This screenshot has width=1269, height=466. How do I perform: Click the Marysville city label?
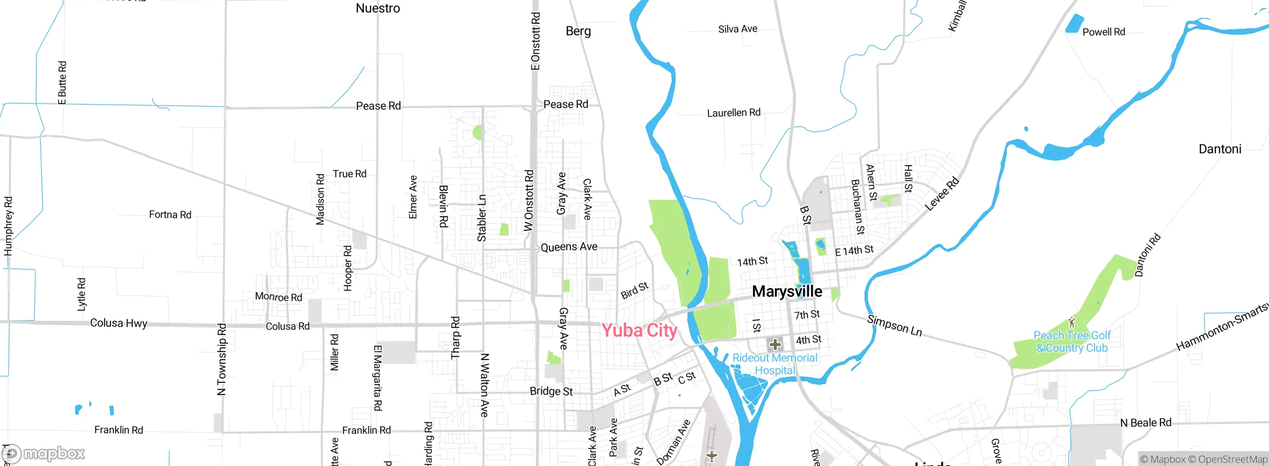click(x=787, y=291)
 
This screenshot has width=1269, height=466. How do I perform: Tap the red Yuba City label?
click(x=639, y=330)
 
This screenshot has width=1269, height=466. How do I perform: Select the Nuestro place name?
click(x=378, y=8)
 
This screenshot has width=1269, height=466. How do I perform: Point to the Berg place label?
click(x=578, y=31)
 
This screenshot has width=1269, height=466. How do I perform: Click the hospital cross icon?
click(x=775, y=345)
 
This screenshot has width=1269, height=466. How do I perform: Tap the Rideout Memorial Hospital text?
click(x=775, y=364)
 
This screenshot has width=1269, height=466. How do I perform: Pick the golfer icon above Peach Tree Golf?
click(x=1072, y=323)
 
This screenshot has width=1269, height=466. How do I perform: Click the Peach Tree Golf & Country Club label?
click(x=1072, y=342)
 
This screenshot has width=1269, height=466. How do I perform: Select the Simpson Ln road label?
click(x=894, y=326)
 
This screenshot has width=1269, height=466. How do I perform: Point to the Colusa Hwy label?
click(x=118, y=323)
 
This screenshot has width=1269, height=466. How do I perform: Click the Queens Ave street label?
click(x=569, y=247)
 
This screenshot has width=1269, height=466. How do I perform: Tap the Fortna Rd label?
click(x=170, y=215)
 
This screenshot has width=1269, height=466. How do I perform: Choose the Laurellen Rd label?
click(x=733, y=113)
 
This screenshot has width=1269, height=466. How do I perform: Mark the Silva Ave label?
click(x=738, y=29)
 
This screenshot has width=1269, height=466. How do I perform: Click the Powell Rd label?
click(x=1103, y=32)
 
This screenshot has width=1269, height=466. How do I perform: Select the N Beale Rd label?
click(x=1146, y=423)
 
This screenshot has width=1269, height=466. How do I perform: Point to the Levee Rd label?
click(x=942, y=194)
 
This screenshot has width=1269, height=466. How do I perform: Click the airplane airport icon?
click(x=711, y=456)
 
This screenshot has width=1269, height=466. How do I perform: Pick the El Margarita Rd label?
click(x=378, y=378)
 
